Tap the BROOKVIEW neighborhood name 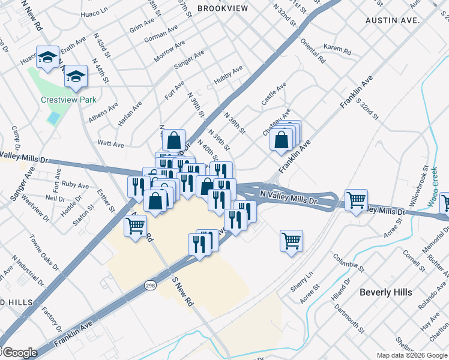point(221,8)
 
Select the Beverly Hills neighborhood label point(386,292)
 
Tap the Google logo point(19,353)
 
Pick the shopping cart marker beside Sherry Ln point(291,241)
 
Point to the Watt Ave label point(110,144)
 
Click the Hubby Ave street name point(228,76)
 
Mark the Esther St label point(106,201)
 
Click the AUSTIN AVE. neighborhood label point(392,20)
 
